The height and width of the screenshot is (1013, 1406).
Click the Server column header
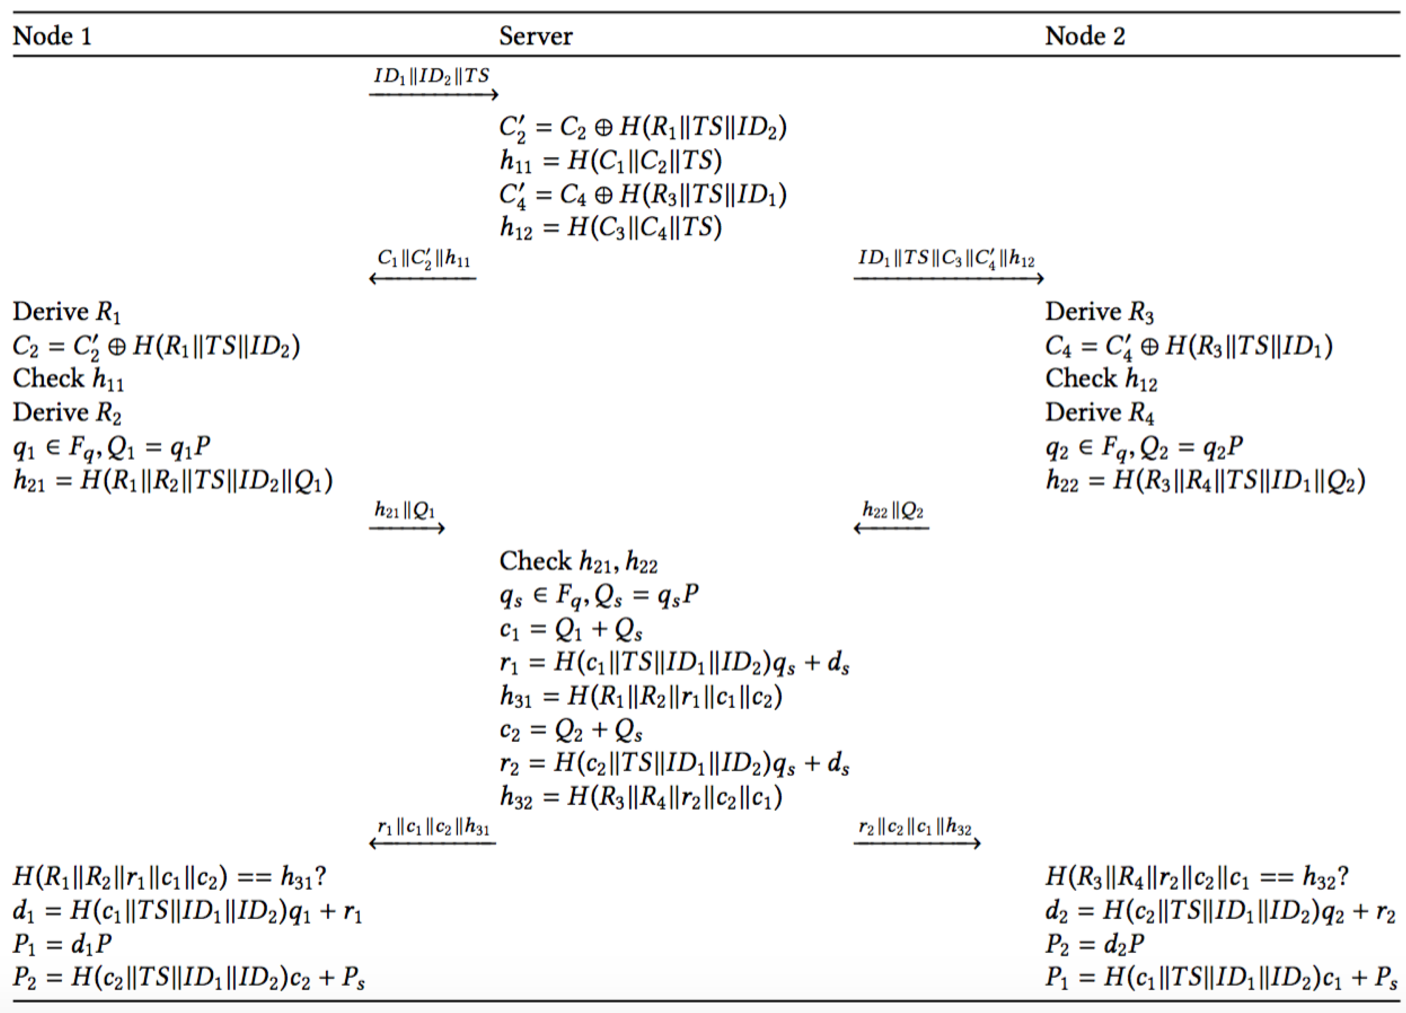(536, 36)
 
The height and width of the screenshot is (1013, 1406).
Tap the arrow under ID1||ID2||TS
(433, 95)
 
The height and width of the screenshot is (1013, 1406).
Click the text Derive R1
(67, 312)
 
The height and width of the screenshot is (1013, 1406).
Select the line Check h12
(1101, 379)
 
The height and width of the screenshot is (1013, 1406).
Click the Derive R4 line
(1100, 412)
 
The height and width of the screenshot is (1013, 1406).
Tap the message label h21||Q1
(405, 510)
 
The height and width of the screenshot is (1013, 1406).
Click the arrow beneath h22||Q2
(891, 528)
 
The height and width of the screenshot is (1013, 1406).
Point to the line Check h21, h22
(578, 562)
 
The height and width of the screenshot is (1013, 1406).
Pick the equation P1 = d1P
(62, 944)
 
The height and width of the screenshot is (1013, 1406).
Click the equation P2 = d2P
(1094, 944)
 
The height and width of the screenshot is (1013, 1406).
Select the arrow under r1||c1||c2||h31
(432, 843)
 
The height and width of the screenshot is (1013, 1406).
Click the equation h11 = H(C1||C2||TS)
(611, 161)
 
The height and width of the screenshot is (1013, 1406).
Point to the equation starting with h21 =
(172, 481)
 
